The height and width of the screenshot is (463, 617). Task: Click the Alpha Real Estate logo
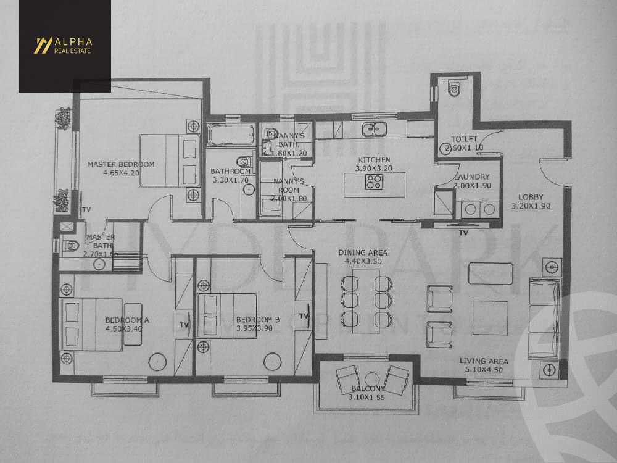pyautogui.click(x=64, y=46)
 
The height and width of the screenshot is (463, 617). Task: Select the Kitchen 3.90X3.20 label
pyautogui.click(x=375, y=164)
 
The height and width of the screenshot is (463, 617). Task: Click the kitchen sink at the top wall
pyautogui.click(x=374, y=129)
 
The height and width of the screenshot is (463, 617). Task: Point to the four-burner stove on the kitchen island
pyautogui.click(x=374, y=181)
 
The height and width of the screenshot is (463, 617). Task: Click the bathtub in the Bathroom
pyautogui.click(x=230, y=135)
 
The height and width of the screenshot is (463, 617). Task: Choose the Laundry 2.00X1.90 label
pyautogui.click(x=471, y=181)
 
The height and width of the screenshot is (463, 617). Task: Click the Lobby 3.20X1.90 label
pyautogui.click(x=531, y=202)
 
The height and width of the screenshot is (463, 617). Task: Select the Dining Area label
pyautogui.click(x=363, y=257)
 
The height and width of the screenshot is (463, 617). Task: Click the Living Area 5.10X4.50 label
pyautogui.click(x=484, y=365)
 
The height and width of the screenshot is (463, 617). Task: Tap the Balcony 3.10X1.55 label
pyautogui.click(x=368, y=393)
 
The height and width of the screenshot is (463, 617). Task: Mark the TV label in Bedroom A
pyautogui.click(x=183, y=323)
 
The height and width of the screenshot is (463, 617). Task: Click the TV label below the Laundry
pyautogui.click(x=463, y=233)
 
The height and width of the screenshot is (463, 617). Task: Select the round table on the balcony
pyautogui.click(x=371, y=378)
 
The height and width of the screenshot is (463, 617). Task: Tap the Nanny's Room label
pyautogui.click(x=286, y=186)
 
